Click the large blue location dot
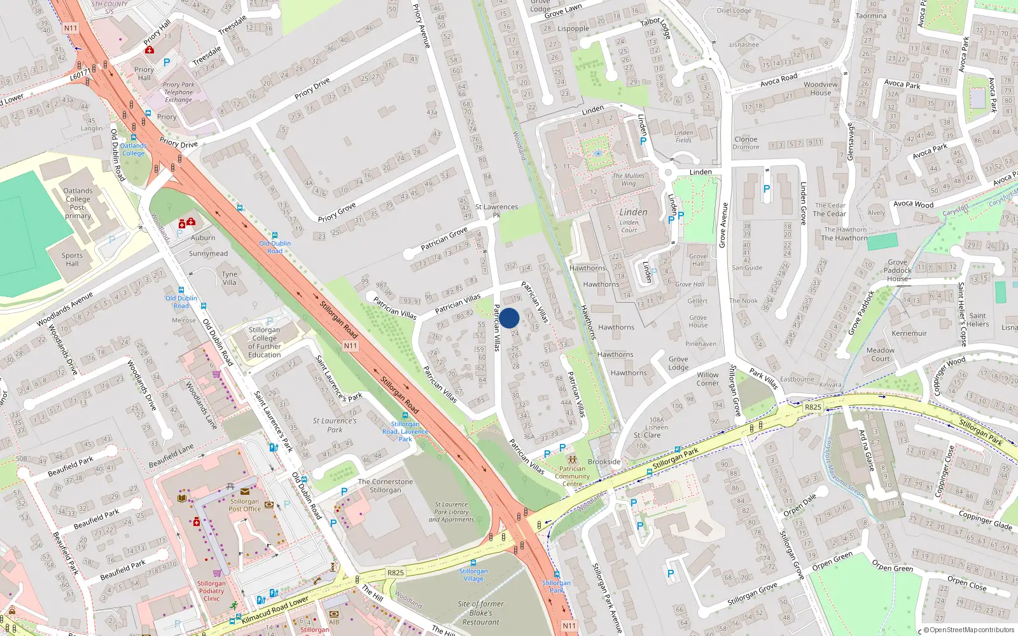pos(509,318)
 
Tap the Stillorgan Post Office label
pos(244,505)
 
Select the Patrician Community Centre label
pos(572,476)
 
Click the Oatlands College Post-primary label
pos(78,203)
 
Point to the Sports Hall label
pos(72,259)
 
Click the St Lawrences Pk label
pos(496,211)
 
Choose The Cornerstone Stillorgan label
pos(385,486)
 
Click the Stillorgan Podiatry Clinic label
pos(211,591)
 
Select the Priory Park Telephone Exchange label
pos(178,92)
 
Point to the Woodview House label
pos(820,88)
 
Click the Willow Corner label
pos(707,379)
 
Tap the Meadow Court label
pos(880,354)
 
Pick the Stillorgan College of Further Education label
pos(264,342)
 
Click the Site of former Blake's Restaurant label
pos(480,613)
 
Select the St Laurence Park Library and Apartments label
pos(451,512)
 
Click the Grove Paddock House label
pos(897,270)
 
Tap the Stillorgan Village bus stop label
pos(473,575)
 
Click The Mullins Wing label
pos(628,179)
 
